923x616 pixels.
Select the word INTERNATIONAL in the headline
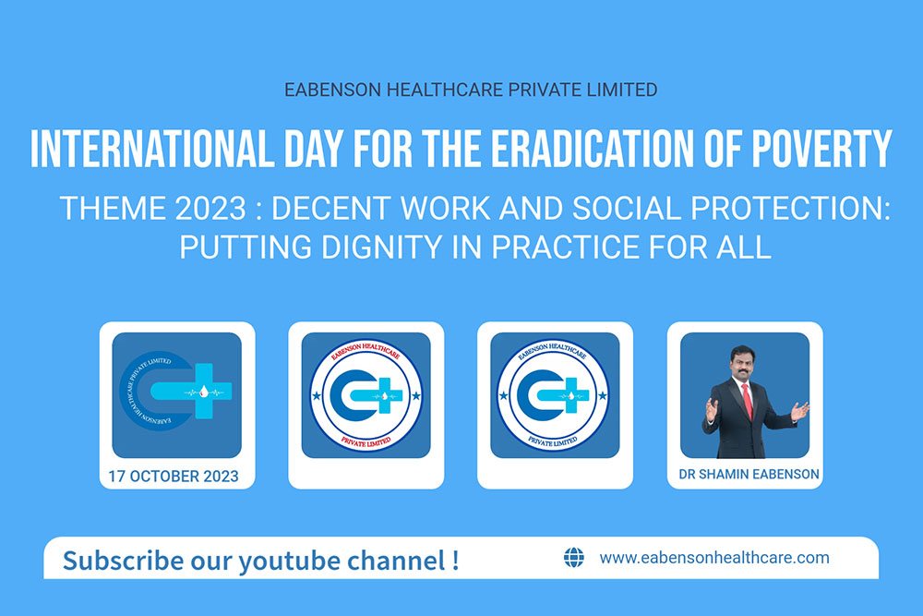coord(152,149)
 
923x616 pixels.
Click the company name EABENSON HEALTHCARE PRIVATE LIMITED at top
coord(471,90)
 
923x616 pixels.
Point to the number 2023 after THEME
coord(210,209)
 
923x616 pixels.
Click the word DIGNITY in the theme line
coord(382,247)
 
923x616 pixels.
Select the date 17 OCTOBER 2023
coord(174,476)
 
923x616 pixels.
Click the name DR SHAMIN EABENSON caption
coord(749,474)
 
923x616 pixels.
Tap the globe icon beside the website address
coord(574,557)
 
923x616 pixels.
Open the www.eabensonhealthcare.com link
coord(714,557)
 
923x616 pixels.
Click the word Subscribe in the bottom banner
coord(123,560)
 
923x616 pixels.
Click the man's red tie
coord(747,401)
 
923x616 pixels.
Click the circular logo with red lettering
coord(366,395)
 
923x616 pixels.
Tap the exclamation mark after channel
coord(455,560)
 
